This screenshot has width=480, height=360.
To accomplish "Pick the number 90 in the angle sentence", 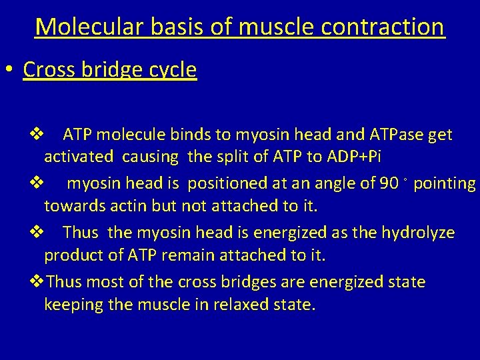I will (388, 184).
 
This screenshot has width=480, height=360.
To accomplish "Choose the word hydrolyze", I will (418, 233).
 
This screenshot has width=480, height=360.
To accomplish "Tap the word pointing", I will (445, 184).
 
